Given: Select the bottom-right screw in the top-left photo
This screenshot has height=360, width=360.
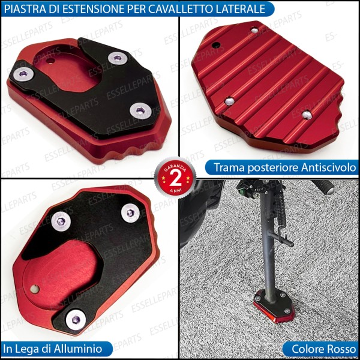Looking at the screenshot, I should pos(140,110).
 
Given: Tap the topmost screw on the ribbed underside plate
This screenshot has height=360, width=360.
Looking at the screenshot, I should pos(254,30).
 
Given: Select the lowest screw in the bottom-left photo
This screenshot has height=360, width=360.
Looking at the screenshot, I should pos(74,319).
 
